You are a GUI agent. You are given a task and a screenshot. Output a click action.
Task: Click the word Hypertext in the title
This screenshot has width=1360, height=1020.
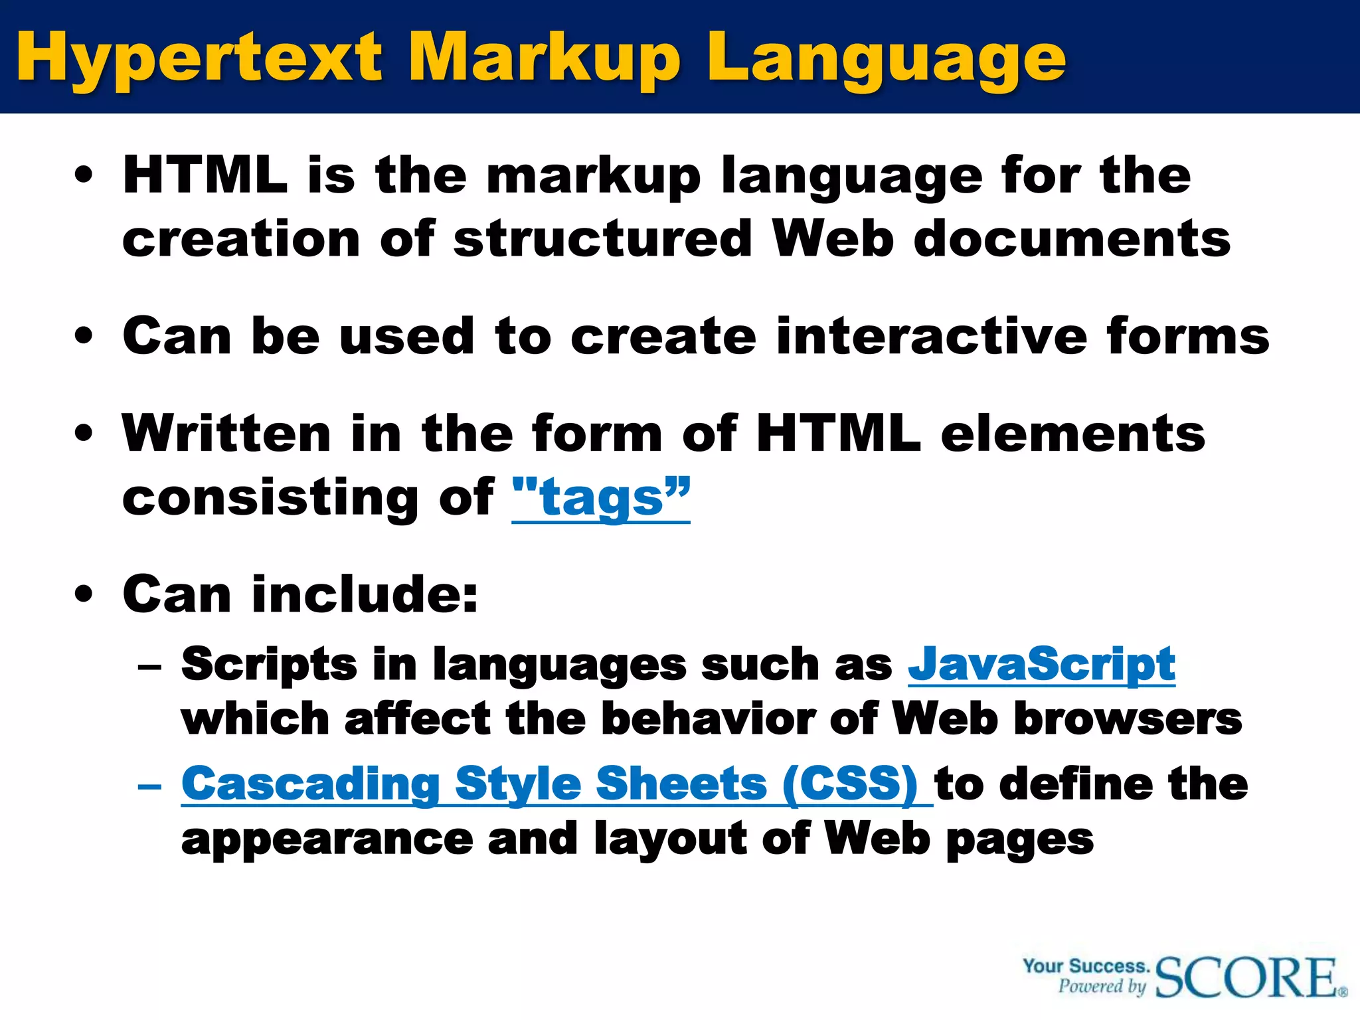pyautogui.click(x=199, y=58)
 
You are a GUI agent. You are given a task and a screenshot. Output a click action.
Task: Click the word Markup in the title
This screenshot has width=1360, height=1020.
pyautogui.click(x=545, y=58)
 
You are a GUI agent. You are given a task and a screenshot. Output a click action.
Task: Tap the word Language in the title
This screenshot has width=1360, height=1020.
pyautogui.click(x=887, y=58)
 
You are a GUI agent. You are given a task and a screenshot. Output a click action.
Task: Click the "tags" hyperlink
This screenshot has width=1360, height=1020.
pyautogui.click(x=601, y=498)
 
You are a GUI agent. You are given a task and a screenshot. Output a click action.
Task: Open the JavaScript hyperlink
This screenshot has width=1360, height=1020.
pyautogui.click(x=1041, y=664)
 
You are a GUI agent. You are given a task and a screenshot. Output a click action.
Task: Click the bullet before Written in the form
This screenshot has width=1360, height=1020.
pyautogui.click(x=84, y=434)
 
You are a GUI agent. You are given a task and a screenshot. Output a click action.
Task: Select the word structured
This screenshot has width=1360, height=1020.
pyautogui.click(x=602, y=239)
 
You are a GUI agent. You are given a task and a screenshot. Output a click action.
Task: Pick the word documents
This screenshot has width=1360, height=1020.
pyautogui.click(x=1072, y=239)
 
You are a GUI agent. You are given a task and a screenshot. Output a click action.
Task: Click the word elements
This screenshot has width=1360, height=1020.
pyautogui.click(x=1072, y=434)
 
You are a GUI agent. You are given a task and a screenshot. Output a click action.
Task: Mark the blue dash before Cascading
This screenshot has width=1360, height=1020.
pyautogui.click(x=150, y=787)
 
